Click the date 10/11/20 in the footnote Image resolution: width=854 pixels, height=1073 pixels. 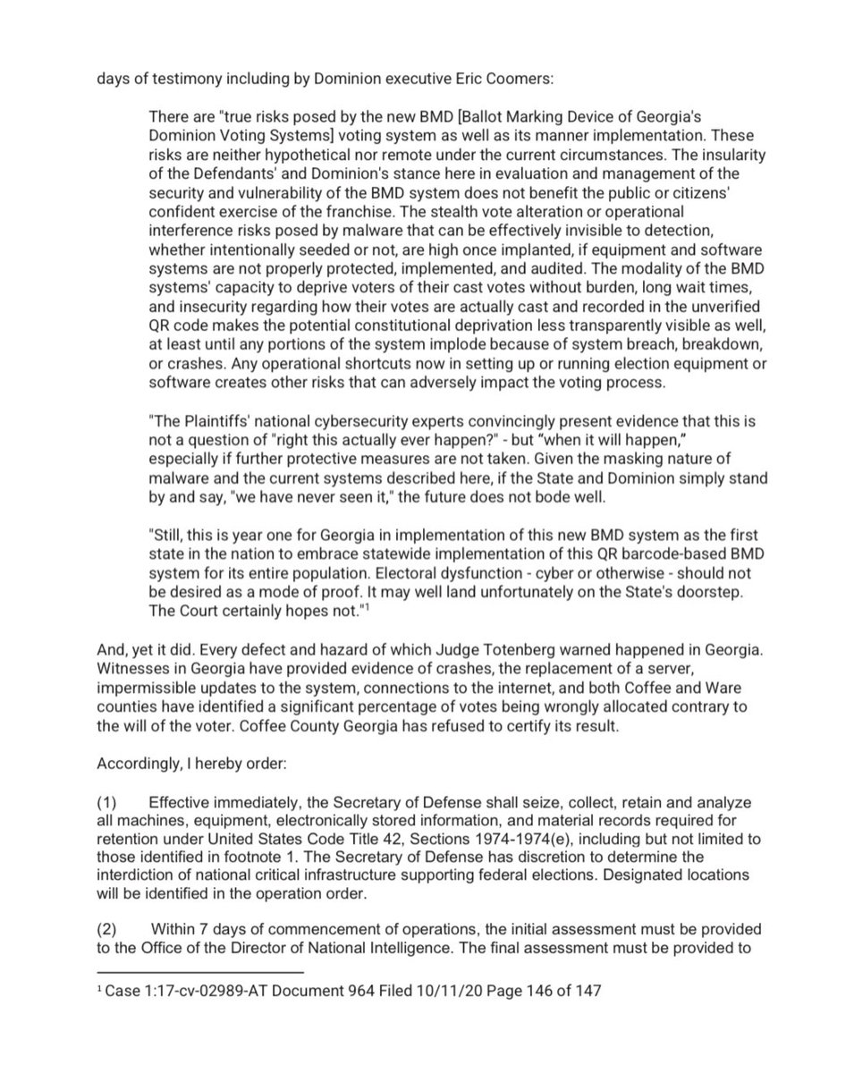(x=424, y=992)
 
